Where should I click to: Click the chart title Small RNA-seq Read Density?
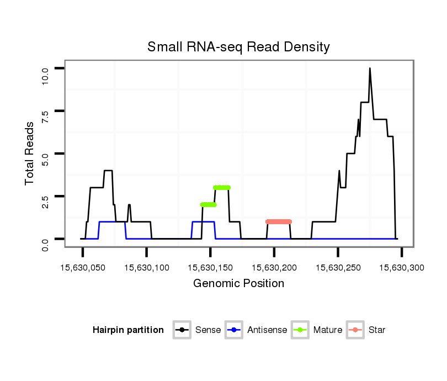(238, 47)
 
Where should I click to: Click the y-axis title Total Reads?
(30, 154)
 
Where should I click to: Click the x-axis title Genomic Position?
(238, 284)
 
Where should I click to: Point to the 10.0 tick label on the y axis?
(46, 73)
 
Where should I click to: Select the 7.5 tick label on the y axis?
(46, 117)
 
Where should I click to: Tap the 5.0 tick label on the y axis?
(46, 159)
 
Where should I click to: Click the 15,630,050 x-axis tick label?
(83, 268)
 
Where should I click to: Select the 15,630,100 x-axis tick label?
(147, 268)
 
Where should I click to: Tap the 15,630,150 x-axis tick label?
(210, 268)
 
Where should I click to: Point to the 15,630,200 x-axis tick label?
(274, 268)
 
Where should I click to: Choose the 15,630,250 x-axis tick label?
(338, 268)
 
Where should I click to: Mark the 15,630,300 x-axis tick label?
(402, 268)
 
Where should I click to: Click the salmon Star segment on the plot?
(279, 221)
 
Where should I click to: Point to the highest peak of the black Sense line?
(370, 68)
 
